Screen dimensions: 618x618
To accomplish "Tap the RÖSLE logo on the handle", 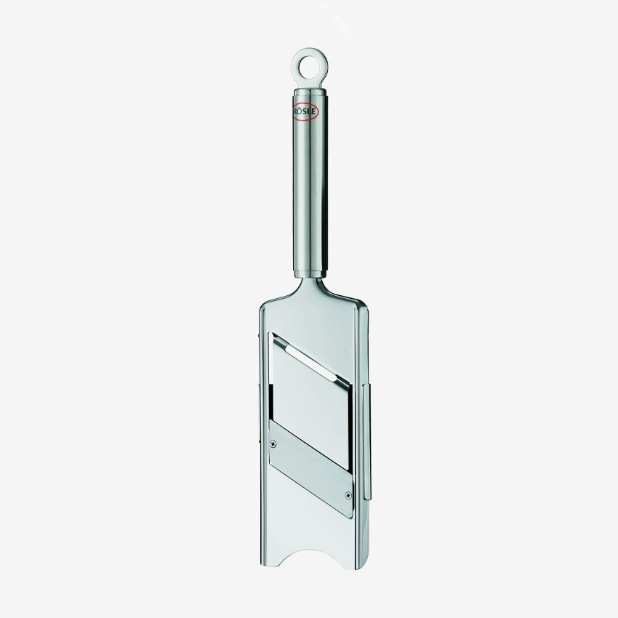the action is [x=305, y=111].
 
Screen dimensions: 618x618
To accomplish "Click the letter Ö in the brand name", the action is [x=300, y=111].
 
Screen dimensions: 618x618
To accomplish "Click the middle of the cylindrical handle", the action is [x=310, y=183].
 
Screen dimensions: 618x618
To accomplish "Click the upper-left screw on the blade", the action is [x=273, y=444].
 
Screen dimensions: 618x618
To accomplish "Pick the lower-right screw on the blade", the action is [x=348, y=494].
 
